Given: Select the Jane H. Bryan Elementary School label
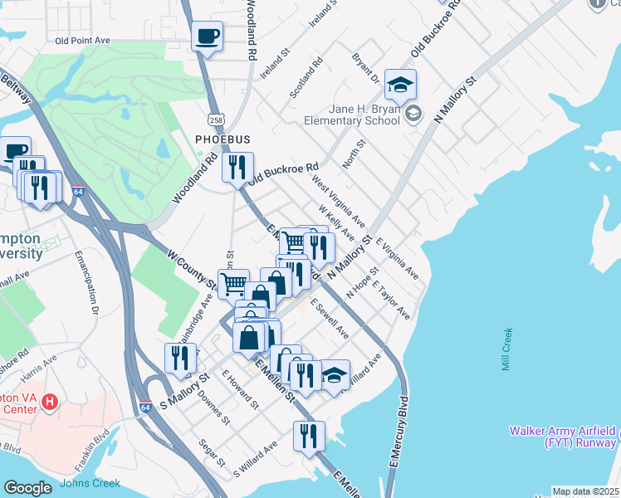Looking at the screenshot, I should point(352,115).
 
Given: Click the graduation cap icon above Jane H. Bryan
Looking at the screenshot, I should point(400,85).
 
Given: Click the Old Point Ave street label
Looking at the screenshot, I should point(82,40).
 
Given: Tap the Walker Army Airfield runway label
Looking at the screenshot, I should point(564,437).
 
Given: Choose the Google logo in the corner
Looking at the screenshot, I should point(27,488).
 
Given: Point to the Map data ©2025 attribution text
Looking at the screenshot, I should point(585,491).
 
